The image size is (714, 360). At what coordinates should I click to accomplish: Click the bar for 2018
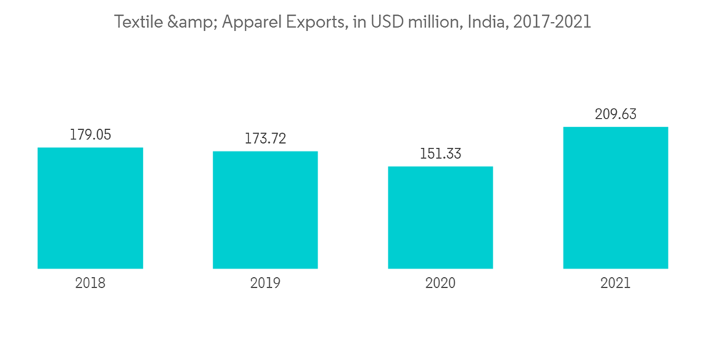coord(90,208)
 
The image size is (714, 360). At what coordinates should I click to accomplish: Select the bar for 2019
coord(265,210)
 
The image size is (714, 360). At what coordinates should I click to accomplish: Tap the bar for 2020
coord(441,217)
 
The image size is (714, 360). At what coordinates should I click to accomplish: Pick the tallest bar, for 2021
coord(615,198)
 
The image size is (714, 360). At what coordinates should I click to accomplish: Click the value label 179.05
coord(90,134)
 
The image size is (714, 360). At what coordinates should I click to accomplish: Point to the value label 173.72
coord(265,139)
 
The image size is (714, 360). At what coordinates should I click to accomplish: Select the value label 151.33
coord(441,154)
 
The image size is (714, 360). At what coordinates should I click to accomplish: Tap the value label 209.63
coord(615,114)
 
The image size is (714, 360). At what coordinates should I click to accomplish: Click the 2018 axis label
coord(90,283)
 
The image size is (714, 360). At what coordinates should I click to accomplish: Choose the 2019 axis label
coord(265,283)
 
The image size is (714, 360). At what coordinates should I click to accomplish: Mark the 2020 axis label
coord(441,283)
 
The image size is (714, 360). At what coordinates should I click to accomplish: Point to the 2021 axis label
coord(615,283)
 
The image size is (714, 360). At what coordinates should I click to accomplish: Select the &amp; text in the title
coord(191,22)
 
